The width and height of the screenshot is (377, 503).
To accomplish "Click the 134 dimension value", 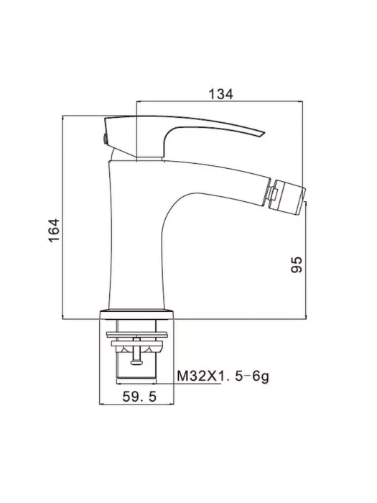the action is [x=221, y=94].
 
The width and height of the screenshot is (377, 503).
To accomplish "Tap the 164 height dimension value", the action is [x=55, y=231].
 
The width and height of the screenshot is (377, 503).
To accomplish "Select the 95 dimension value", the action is [x=297, y=264].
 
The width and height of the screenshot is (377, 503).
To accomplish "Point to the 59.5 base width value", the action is [x=139, y=397].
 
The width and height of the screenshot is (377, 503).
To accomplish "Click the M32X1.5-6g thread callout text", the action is [x=223, y=376].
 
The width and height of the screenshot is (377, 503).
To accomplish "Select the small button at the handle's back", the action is [x=105, y=139].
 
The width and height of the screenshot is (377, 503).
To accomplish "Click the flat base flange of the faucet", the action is [x=136, y=315].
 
